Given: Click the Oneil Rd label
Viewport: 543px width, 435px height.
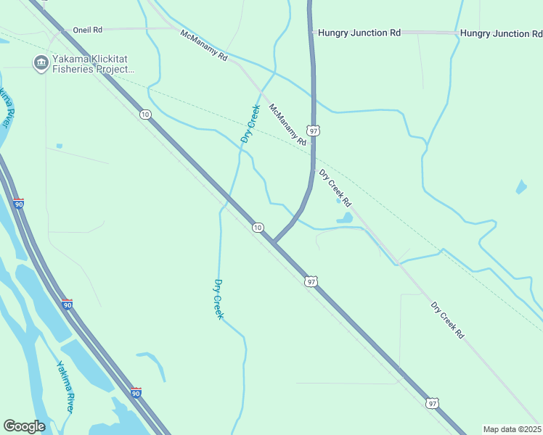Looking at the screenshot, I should tap(88, 30).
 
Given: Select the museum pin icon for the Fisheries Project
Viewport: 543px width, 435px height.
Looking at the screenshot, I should tap(40, 64).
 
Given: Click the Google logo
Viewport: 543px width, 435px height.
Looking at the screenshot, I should tap(24, 426).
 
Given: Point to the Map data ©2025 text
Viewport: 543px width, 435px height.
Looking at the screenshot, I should tap(512, 429).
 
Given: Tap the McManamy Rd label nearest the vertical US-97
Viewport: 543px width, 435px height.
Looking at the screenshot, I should tap(287, 125).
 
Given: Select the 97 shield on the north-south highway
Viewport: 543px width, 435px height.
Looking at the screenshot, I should tap(313, 130).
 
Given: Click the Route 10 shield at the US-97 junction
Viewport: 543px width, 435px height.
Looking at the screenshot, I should tap(258, 228).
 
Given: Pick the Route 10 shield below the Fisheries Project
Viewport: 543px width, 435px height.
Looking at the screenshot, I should tap(146, 115).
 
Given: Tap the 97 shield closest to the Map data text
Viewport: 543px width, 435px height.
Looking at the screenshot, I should tap(433, 403).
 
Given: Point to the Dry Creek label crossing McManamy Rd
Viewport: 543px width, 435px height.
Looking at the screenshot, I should tap(250, 123).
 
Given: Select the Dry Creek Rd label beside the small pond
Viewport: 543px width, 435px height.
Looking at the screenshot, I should tap(335, 187).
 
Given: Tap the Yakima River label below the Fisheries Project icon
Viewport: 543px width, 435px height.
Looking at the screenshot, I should tap(6, 107).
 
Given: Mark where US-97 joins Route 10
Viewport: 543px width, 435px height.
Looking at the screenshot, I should tap(274, 242).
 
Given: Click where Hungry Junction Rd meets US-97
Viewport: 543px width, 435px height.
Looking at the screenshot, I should tap(311, 33).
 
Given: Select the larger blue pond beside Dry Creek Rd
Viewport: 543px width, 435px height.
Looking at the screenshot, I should tap(344, 217).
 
